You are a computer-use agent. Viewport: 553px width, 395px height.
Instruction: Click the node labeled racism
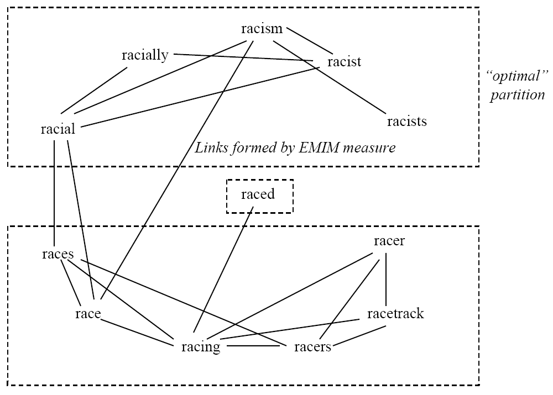coord(262,29)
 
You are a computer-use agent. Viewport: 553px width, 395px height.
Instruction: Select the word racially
coord(145,55)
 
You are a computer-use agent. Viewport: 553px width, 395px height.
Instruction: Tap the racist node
coord(344,61)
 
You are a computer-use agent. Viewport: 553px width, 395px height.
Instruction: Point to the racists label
coord(407,121)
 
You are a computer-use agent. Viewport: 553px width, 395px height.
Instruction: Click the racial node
coord(58,130)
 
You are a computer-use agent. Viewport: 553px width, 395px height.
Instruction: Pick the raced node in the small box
coord(259,195)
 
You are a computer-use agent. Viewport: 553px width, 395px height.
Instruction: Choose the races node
coord(58,255)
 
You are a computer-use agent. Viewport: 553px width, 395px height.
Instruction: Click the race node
coord(88,314)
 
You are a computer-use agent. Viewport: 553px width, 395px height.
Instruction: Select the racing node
coord(201,347)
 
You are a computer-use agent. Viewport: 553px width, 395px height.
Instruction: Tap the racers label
coord(312,347)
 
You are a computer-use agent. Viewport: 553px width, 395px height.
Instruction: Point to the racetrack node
coord(395,314)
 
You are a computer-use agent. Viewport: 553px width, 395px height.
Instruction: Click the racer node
coord(389,241)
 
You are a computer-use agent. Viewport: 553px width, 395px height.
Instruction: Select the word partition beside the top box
coord(518,94)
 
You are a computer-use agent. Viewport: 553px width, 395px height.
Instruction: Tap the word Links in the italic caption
coord(209,148)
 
